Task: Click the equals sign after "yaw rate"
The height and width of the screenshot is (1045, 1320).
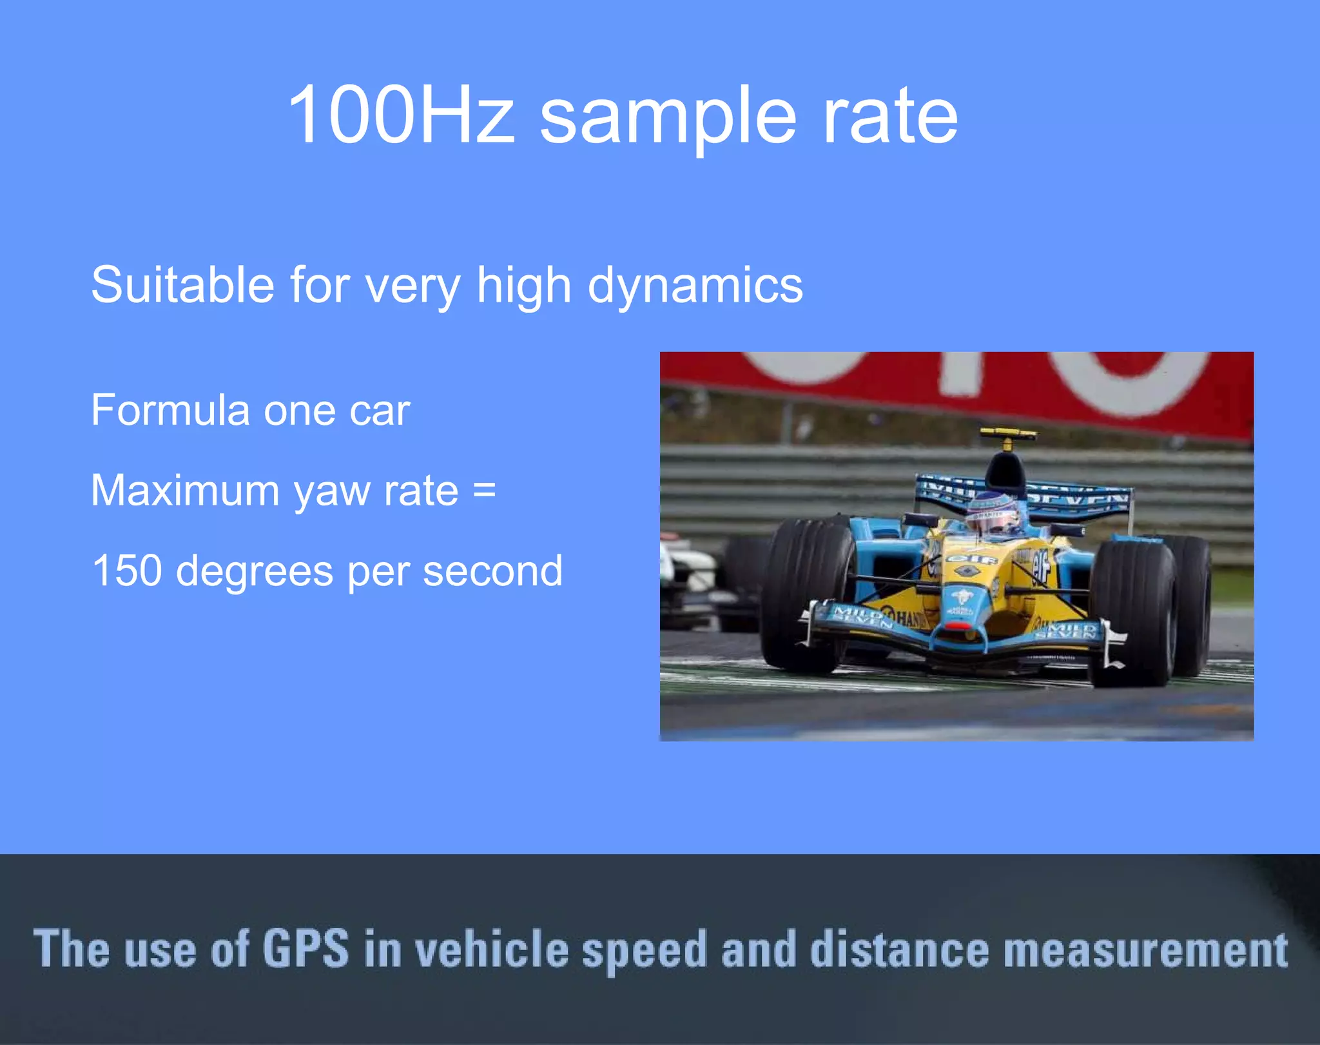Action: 484,490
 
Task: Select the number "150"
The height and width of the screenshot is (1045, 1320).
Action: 126,571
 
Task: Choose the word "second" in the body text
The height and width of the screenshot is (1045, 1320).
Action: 492,571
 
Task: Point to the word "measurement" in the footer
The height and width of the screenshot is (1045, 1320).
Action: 1145,950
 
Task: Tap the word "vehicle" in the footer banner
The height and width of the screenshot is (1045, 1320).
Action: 491,949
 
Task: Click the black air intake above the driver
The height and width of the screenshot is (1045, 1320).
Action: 1005,474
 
